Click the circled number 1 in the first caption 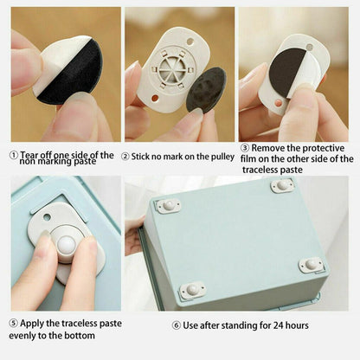pos(13,156)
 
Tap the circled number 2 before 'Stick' pos(125,157)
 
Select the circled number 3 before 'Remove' pos(245,147)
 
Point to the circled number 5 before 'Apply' pos(13,323)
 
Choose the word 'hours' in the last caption pos(294,325)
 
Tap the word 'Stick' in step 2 pos(143,157)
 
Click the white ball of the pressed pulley pos(65,246)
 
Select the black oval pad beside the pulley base pos(208,89)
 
